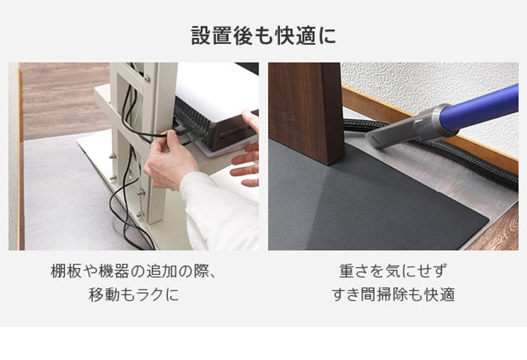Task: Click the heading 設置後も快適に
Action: point(263,35)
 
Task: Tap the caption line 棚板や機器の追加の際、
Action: point(133,272)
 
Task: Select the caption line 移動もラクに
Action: point(133,294)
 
